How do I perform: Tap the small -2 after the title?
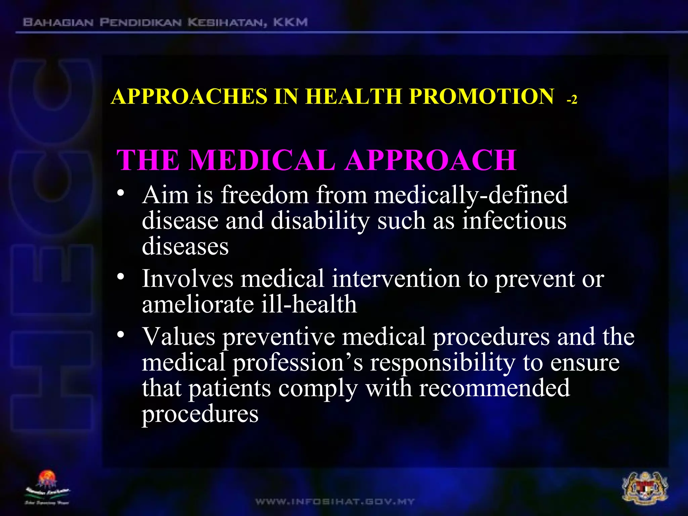point(572,100)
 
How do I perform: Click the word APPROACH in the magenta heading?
point(431,160)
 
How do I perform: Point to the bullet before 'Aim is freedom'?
point(121,194)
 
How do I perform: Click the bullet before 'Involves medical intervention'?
point(121,277)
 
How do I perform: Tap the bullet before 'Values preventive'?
point(121,335)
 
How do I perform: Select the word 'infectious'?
point(514,221)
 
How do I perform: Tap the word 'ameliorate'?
point(198,304)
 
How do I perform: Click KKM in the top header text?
point(290,23)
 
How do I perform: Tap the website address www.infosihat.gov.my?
point(335,502)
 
